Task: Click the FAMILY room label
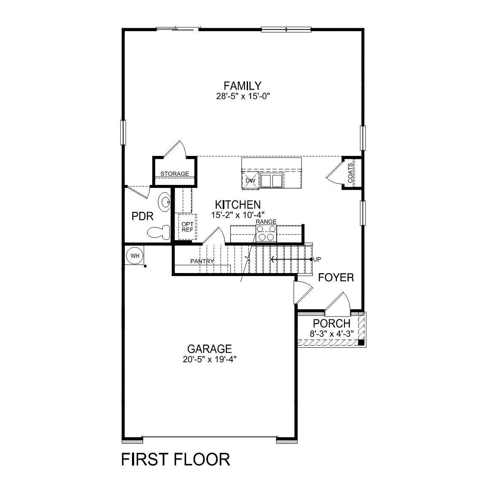[x=242, y=86]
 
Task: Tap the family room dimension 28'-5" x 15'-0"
[x=242, y=96]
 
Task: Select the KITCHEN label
[x=237, y=205]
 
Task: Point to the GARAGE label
[x=210, y=349]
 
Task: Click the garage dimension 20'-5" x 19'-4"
[x=209, y=359]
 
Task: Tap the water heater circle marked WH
[x=135, y=255]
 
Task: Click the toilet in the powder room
[x=159, y=232]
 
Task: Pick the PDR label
[x=142, y=217]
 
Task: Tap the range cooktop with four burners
[x=267, y=233]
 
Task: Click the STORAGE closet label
[x=175, y=174]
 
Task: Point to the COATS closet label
[x=350, y=173]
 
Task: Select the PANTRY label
[x=202, y=261]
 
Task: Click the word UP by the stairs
[x=318, y=259]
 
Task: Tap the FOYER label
[x=336, y=278]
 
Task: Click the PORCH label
[x=331, y=324]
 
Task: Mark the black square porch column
[x=361, y=342]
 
